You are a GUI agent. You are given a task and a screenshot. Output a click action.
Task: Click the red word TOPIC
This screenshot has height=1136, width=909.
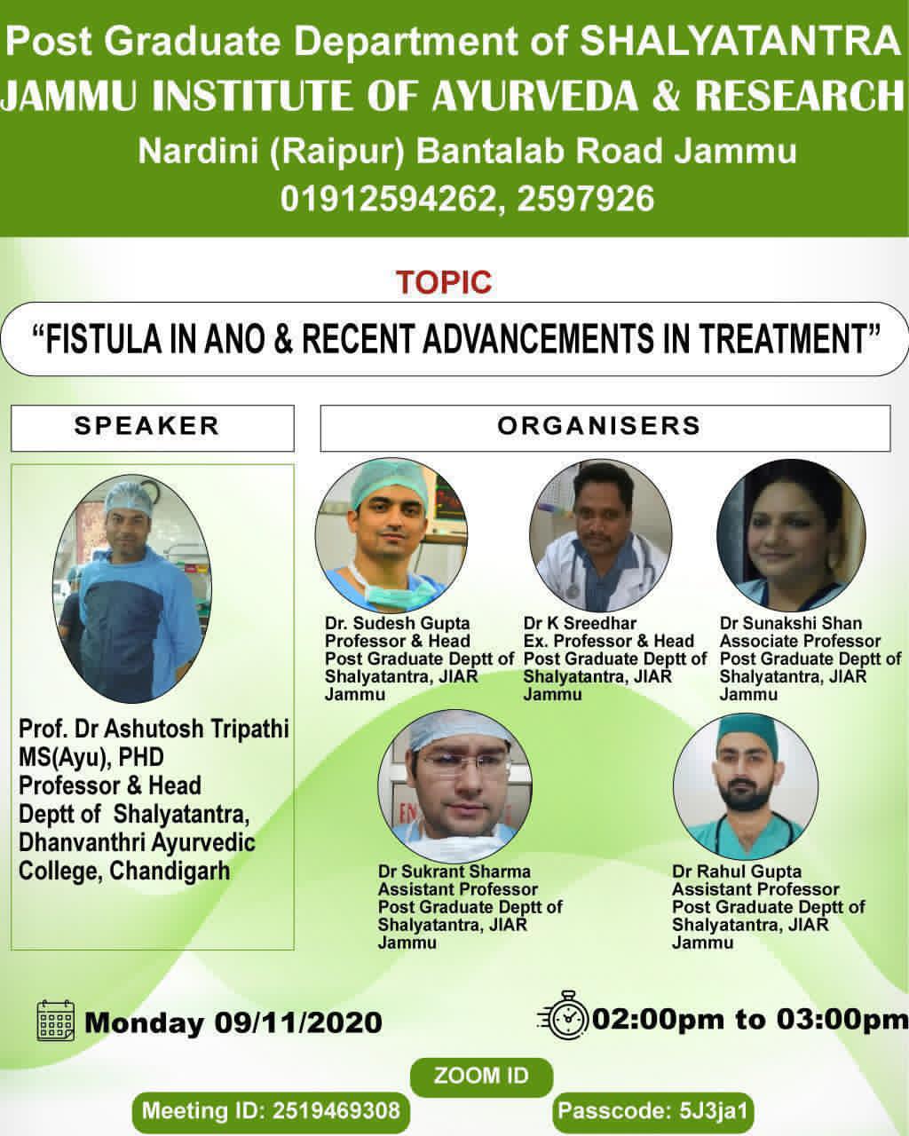(x=444, y=282)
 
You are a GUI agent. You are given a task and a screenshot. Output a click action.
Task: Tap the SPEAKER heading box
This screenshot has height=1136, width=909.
(x=152, y=428)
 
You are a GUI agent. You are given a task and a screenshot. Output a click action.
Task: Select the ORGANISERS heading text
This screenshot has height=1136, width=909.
(x=598, y=426)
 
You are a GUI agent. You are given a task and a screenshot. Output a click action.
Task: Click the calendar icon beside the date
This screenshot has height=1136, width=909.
(x=55, y=1021)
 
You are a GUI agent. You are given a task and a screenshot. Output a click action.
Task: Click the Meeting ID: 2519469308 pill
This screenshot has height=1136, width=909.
(x=271, y=1111)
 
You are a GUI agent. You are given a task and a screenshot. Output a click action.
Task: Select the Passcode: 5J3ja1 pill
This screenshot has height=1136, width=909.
(x=653, y=1111)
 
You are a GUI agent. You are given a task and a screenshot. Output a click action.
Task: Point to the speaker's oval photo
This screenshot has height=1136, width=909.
(x=131, y=588)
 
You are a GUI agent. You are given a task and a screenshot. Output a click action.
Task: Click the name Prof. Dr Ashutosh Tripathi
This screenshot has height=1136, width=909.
(x=154, y=729)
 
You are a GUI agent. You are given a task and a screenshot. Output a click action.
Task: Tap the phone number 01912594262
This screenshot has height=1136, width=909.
(x=389, y=199)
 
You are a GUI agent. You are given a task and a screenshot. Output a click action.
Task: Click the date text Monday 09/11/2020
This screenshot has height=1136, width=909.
(x=233, y=1022)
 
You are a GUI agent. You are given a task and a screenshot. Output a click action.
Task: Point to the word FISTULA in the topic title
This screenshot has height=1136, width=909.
(x=102, y=339)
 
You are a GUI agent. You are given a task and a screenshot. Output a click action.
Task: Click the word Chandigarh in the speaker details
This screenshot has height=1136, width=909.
(x=170, y=871)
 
